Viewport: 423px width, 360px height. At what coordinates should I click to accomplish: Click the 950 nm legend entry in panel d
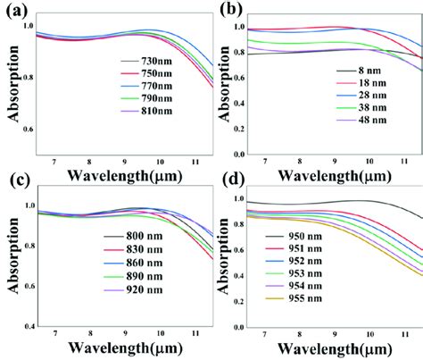click(304, 242)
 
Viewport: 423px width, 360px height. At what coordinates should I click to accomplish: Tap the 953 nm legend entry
click(304, 281)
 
